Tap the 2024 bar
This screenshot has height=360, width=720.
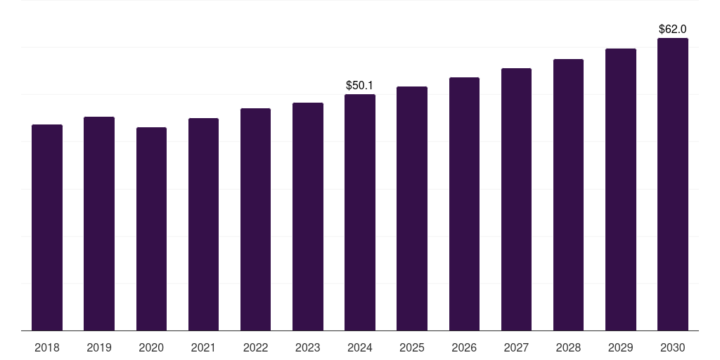pyautogui.click(x=360, y=212)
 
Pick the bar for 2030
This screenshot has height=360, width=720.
pyautogui.click(x=673, y=184)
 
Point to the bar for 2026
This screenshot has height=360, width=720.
pyautogui.click(x=464, y=204)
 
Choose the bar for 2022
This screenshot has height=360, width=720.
pyautogui.click(x=255, y=219)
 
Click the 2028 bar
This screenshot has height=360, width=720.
pyautogui.click(x=568, y=195)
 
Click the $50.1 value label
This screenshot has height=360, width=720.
pyautogui.click(x=359, y=85)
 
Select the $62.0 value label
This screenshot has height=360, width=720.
pyautogui.click(x=672, y=30)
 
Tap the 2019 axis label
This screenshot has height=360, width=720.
pyautogui.click(x=99, y=347)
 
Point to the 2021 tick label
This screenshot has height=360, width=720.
pyautogui.click(x=203, y=347)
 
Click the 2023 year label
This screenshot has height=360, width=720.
pyautogui.click(x=307, y=347)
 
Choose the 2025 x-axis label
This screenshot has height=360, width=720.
pyautogui.click(x=412, y=347)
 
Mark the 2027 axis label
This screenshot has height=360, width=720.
pyautogui.click(x=516, y=347)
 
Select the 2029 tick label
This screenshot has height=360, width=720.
pyautogui.click(x=620, y=347)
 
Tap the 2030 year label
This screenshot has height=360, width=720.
pyautogui.click(x=672, y=347)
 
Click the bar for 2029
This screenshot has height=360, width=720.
pyautogui.click(x=621, y=189)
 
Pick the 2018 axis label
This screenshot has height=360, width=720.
pyautogui.click(x=47, y=347)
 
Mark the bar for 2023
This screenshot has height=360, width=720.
pyautogui.click(x=308, y=217)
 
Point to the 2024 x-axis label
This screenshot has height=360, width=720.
pyautogui.click(x=359, y=347)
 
